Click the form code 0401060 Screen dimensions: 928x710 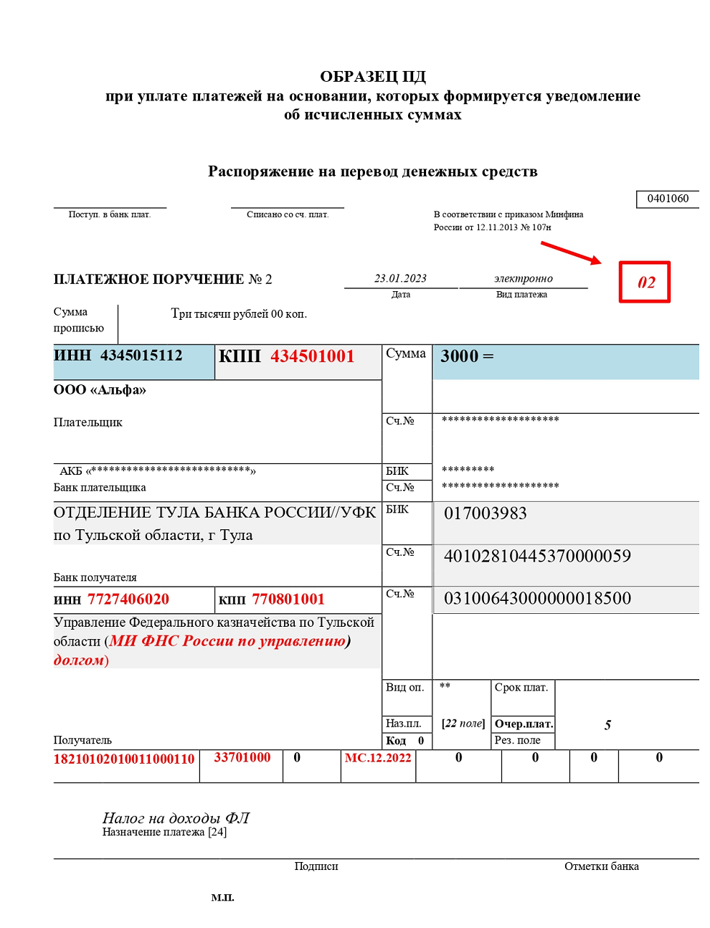click(667, 199)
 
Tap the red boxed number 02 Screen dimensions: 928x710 click(645, 282)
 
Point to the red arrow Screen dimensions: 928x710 click(571, 253)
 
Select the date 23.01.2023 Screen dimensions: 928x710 click(400, 278)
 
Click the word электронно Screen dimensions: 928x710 click(523, 278)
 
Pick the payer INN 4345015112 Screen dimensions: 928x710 click(141, 356)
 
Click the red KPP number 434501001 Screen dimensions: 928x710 click(312, 356)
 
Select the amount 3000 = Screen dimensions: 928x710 click(467, 356)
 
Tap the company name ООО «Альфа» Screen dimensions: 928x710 click(100, 390)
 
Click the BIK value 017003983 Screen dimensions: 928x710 click(486, 513)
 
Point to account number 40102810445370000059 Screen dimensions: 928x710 click(537, 556)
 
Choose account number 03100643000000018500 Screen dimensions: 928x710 click(537, 598)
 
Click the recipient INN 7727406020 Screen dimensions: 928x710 click(128, 600)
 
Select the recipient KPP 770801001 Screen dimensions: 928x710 click(288, 600)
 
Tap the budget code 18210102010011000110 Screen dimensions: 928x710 click(124, 759)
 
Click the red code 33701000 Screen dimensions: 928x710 click(242, 757)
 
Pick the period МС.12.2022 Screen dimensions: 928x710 click(378, 758)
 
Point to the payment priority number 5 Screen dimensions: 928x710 click(607, 725)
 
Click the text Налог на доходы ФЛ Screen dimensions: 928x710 click(176, 818)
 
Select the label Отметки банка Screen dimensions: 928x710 click(601, 866)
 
